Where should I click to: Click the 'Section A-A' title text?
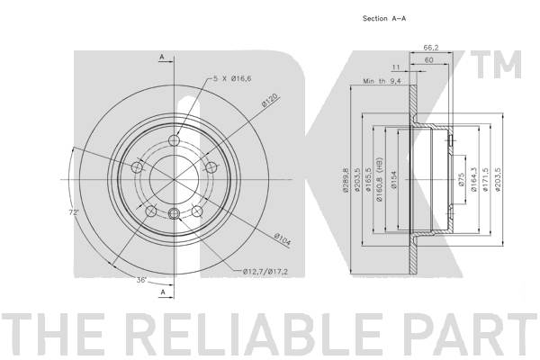pyautogui.click(x=384, y=18)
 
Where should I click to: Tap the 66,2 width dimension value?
pyautogui.click(x=431, y=48)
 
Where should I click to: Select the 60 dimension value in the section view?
pyautogui.click(x=428, y=60)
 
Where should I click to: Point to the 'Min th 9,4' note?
pyautogui.click(x=382, y=81)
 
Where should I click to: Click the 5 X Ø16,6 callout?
pyautogui.click(x=232, y=78)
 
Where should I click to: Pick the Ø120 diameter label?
pyautogui.click(x=269, y=101)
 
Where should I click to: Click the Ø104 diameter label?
pyautogui.click(x=283, y=239)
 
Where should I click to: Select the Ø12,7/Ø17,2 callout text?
pyautogui.click(x=265, y=272)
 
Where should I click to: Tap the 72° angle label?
pyautogui.click(x=74, y=212)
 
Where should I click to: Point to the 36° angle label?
pyautogui.click(x=141, y=280)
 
